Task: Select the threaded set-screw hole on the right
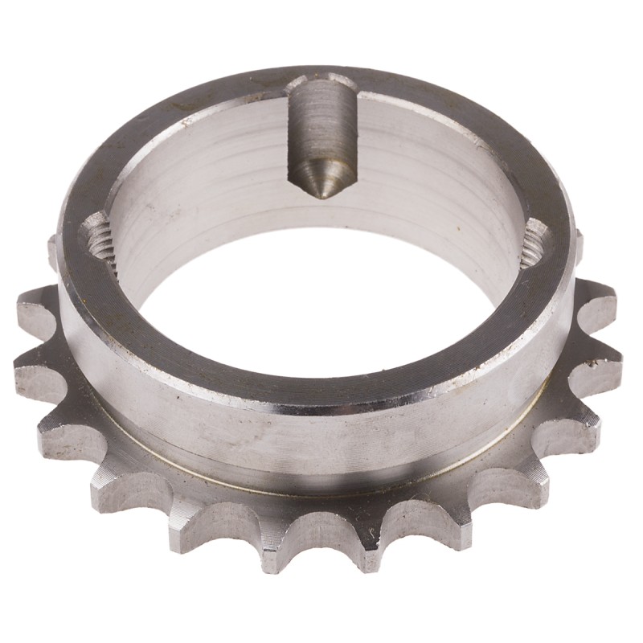tap(537, 245)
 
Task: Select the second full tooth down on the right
tap(607, 362)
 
